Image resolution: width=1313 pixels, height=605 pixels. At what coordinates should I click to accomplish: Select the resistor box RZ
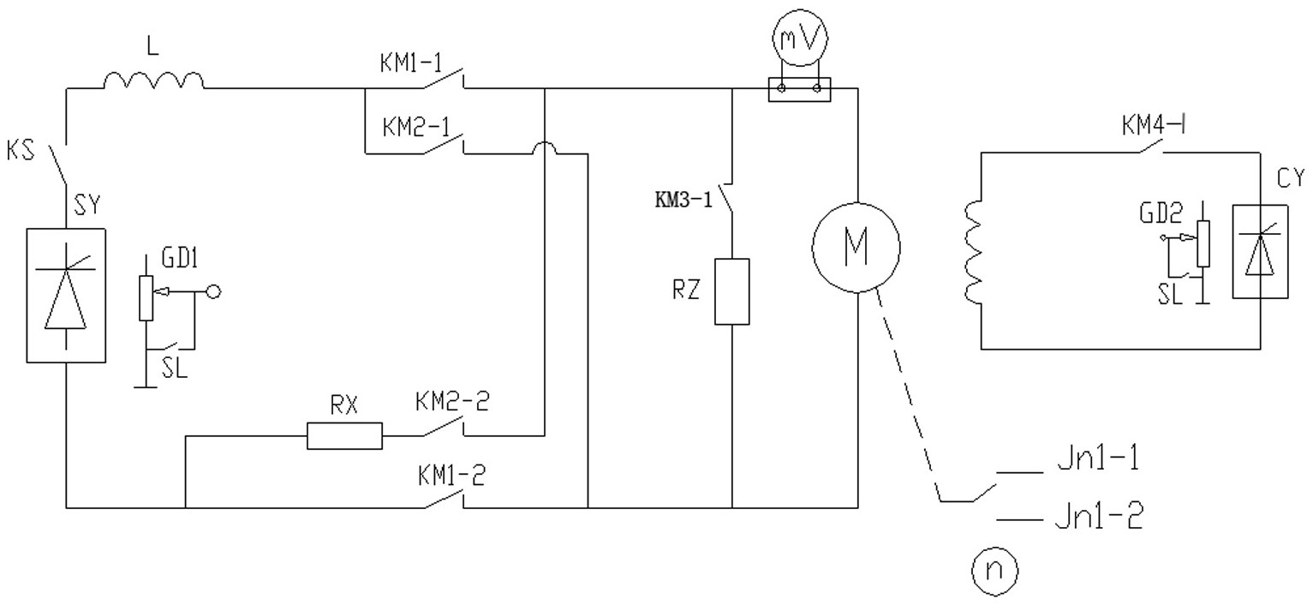(731, 291)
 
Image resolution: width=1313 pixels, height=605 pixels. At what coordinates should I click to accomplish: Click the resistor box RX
(344, 435)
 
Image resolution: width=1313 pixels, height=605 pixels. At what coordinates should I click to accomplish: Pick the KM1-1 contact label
(411, 63)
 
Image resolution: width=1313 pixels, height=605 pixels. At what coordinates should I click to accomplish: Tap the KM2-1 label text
(415, 127)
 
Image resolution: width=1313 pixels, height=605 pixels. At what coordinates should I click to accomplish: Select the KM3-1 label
(683, 200)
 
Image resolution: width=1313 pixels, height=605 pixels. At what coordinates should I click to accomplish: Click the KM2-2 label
(452, 402)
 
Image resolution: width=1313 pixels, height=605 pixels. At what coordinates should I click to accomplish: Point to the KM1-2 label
(451, 476)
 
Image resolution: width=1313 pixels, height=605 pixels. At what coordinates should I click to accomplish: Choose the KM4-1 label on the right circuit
(1154, 125)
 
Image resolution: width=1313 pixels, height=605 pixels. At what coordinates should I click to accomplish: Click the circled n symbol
(994, 571)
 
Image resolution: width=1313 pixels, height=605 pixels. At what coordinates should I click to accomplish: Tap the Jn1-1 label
(1099, 458)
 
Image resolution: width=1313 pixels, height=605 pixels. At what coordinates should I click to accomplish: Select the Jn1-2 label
(1099, 516)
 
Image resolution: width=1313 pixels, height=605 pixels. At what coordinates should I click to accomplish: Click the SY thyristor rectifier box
(66, 296)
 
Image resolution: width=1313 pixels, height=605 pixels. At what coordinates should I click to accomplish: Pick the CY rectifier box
(1260, 251)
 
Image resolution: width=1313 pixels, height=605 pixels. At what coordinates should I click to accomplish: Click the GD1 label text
(179, 258)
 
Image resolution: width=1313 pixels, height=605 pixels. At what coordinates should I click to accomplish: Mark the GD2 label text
(1161, 213)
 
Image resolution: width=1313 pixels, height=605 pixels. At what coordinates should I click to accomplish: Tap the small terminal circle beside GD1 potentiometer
(214, 291)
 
